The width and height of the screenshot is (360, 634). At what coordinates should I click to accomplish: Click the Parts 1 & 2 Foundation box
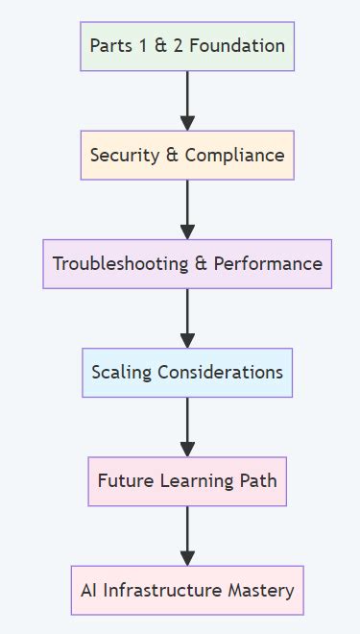[x=187, y=45]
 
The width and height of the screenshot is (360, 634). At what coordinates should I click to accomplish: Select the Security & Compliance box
[x=187, y=155]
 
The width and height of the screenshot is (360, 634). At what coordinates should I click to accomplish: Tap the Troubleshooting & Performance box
[x=187, y=263]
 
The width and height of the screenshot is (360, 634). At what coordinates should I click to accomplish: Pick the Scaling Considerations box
[x=187, y=372]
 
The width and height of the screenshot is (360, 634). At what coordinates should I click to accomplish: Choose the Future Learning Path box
[x=187, y=480]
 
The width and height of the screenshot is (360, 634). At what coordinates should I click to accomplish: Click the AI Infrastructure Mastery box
[x=187, y=590]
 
